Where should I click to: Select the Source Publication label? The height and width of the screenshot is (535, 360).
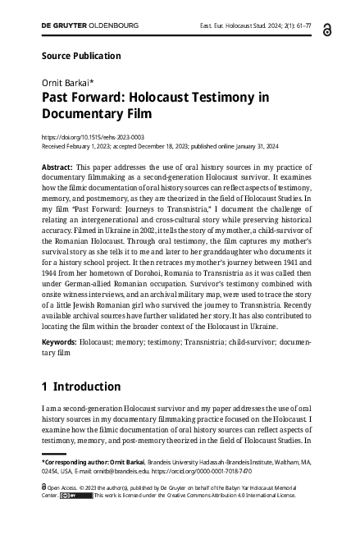[80, 56]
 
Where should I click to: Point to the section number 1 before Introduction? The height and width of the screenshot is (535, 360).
[44, 386]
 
